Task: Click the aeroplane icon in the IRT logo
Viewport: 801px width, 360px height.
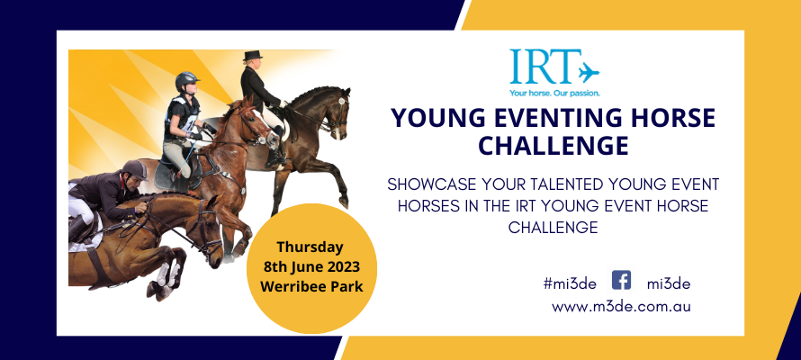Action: pos(589,73)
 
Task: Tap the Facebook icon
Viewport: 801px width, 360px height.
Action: pos(621,280)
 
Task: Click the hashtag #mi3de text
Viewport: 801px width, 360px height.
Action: pos(570,284)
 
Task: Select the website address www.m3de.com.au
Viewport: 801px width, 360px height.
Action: pos(621,307)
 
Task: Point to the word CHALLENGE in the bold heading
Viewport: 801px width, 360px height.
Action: pos(553,146)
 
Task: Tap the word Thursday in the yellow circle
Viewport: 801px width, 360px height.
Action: pos(310,247)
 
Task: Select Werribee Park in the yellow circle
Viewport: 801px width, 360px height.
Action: pos(311,286)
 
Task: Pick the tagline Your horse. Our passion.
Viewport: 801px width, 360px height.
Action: pos(554,93)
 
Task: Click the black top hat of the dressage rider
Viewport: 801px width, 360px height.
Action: pos(252,55)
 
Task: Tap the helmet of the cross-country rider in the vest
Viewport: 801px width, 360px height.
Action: pos(187,80)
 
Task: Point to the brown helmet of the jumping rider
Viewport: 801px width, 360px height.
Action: pos(135,169)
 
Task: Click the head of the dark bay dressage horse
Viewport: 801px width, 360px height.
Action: pos(339,112)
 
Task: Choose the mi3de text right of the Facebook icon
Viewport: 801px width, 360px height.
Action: pos(669,284)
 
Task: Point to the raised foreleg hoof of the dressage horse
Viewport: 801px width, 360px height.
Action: pos(344,202)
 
